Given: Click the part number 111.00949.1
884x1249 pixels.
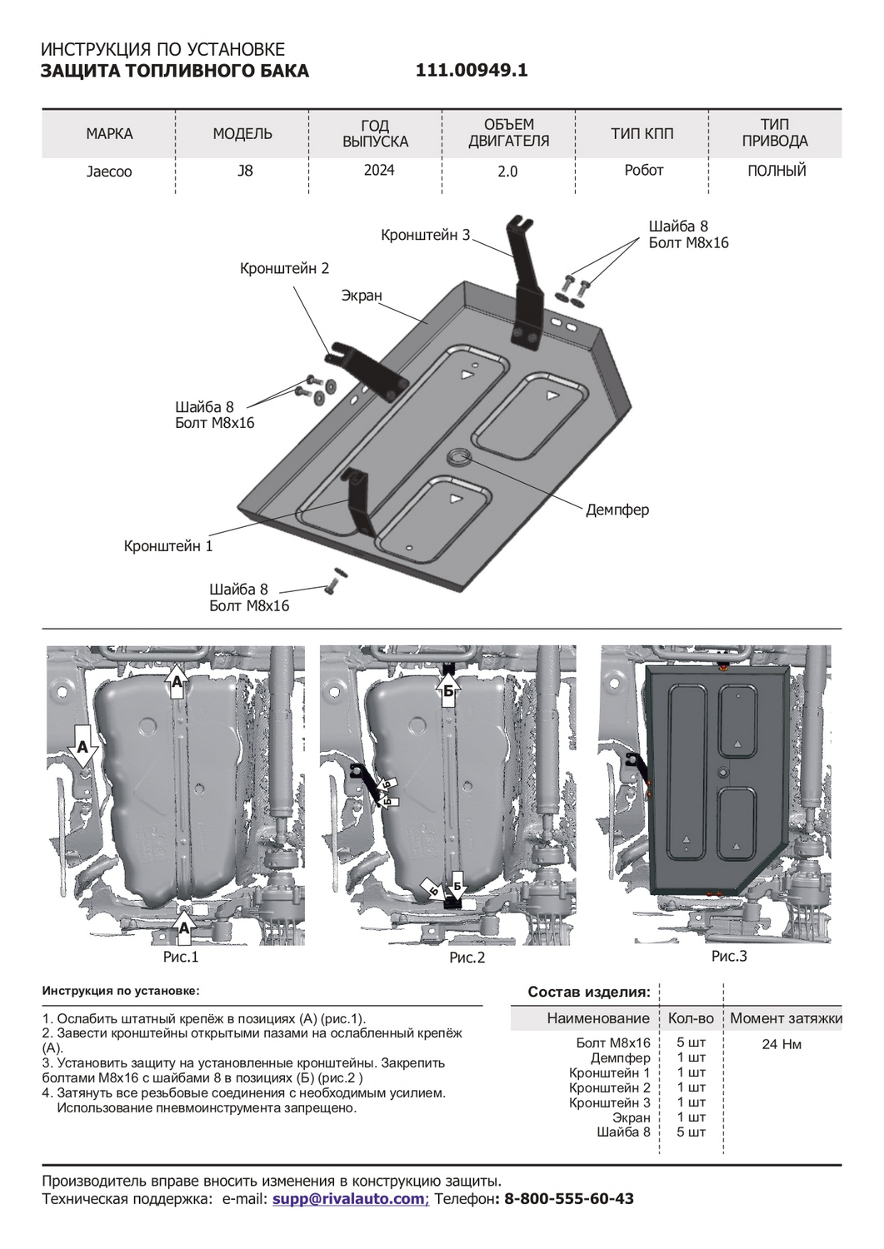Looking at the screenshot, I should [472, 71].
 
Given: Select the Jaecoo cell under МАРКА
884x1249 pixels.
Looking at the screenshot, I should [109, 172].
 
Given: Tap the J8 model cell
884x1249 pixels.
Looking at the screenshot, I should [244, 171].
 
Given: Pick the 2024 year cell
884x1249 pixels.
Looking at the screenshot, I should [379, 170].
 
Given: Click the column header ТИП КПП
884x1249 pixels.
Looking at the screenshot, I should [642, 133].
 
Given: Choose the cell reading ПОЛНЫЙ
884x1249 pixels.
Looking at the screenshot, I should [777, 171].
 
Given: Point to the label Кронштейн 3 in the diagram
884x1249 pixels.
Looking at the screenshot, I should [425, 236].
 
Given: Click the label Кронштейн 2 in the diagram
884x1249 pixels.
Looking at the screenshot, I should [284, 268].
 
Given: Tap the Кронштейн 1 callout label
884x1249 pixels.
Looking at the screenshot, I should [168, 546].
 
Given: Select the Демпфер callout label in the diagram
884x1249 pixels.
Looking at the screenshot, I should [617, 510].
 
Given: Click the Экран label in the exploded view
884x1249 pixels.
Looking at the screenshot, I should [362, 296].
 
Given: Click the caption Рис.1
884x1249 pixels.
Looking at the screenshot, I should [181, 957].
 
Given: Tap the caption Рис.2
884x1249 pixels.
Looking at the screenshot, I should [467, 958].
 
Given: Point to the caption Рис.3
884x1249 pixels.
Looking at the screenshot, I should [729, 956].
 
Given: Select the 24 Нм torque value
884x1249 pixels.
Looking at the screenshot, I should [782, 1044].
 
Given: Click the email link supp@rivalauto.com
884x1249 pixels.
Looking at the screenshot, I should [348, 1199].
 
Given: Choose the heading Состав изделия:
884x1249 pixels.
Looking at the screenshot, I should [589, 992].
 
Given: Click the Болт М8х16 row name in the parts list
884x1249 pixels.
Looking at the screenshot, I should [613, 1042].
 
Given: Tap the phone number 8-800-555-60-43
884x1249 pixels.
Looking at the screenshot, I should [569, 1199].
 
